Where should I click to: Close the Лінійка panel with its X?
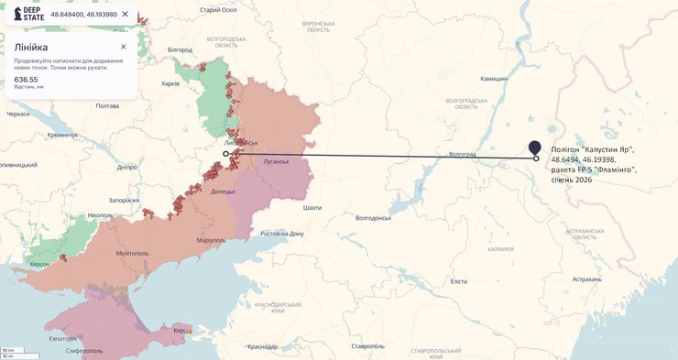124,47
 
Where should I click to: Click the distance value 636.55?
26,80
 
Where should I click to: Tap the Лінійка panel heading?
31,47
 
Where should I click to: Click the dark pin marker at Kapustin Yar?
535,147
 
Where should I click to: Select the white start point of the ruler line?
226,154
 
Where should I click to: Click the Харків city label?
170,83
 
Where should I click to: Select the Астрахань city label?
587,278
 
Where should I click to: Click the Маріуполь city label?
211,240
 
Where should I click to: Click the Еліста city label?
458,281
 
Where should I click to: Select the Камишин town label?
494,79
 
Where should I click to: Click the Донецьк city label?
223,191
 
